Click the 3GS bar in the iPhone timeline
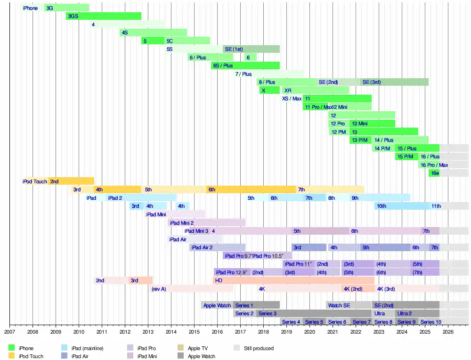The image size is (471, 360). [103, 16]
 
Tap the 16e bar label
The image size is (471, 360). [434, 173]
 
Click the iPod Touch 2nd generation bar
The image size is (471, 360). [71, 181]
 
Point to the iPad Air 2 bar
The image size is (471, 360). [217, 247]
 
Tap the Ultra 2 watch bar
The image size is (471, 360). [417, 313]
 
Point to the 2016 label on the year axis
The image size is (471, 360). [217, 332]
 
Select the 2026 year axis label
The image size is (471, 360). [448, 332]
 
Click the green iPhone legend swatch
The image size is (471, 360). [12, 348]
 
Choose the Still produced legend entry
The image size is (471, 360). [259, 348]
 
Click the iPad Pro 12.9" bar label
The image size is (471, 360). [232, 272]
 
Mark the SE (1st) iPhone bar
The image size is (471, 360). [251, 49]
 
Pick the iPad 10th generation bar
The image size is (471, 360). [403, 206]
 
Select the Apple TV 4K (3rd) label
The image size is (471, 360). [386, 289]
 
